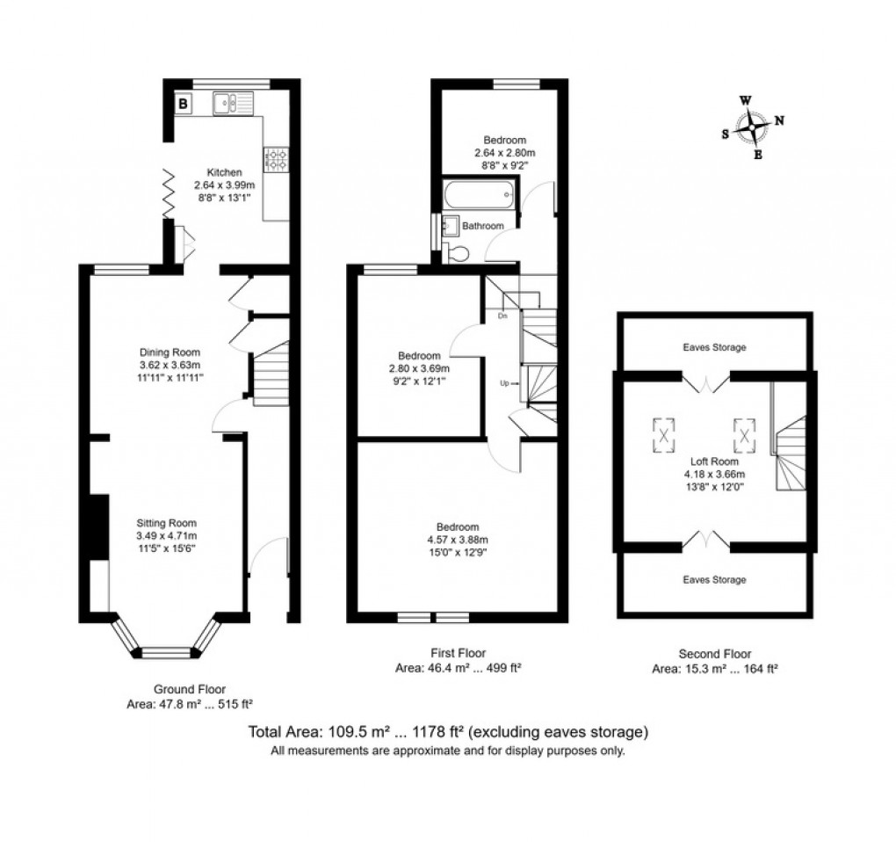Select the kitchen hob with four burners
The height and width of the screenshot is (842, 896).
pyautogui.click(x=277, y=158)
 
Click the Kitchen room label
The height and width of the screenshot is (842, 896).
pyautogui.click(x=223, y=172)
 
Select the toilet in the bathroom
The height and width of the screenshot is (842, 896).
pyautogui.click(x=456, y=253)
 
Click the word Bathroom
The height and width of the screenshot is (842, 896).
pyautogui.click(x=484, y=226)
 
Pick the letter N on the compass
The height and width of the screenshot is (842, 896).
pyautogui.click(x=778, y=121)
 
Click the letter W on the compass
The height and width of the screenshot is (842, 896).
pyautogui.click(x=745, y=100)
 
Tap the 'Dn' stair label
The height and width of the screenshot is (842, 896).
pyautogui.click(x=503, y=314)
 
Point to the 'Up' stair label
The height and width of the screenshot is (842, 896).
pyautogui.click(x=503, y=382)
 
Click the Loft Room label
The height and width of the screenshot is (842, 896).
pyautogui.click(x=713, y=461)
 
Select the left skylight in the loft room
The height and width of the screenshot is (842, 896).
pyautogui.click(x=664, y=432)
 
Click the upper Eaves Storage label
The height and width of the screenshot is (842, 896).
pyautogui.click(x=714, y=347)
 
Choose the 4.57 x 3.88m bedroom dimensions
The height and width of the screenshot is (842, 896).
pyautogui.click(x=458, y=540)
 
